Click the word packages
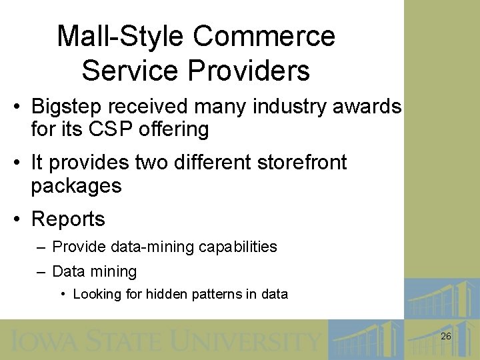click(76, 186)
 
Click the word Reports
click(68, 219)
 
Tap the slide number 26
click(446, 337)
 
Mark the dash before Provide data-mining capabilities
click(41, 247)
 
